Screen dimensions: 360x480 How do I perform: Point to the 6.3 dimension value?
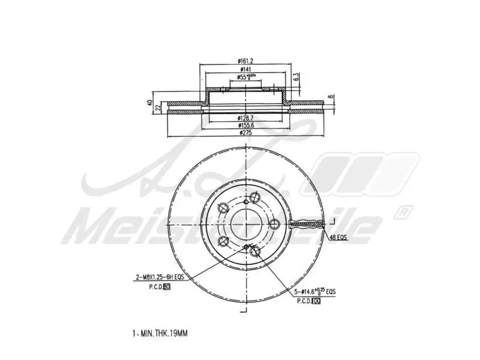(x=296, y=77)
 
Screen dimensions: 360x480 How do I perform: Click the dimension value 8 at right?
(x=329, y=96)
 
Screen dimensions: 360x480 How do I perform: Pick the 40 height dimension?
(x=149, y=103)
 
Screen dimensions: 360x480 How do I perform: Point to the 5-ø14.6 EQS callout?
(x=314, y=292)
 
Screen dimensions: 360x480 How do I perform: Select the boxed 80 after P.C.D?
(x=167, y=287)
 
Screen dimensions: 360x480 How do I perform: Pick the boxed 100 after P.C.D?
(x=316, y=301)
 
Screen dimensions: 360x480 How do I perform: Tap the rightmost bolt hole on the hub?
(x=275, y=224)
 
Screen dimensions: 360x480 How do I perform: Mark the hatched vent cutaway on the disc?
(x=307, y=225)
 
